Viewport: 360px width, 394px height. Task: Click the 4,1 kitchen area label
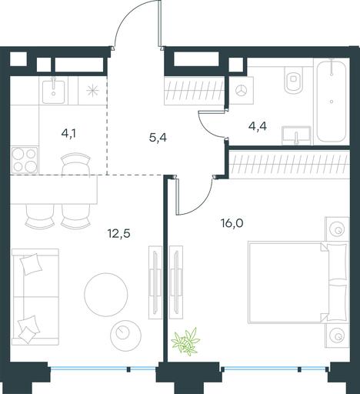pos(68,134)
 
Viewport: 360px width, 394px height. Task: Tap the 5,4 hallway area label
pos(158,138)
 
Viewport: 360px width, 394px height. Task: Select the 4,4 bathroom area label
pos(258,126)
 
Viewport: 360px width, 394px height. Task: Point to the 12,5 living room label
pos(119,234)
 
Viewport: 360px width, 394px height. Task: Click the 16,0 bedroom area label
pos(232,223)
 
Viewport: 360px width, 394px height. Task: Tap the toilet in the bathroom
pos(294,80)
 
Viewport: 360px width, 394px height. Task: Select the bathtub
pos(332,100)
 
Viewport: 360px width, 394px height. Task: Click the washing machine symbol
pos(242,90)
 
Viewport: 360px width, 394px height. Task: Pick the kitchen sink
pos(53,91)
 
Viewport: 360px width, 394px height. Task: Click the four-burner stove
pos(25,160)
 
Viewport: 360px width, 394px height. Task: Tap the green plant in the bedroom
pos(185,342)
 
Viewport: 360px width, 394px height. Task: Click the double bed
pos(298,282)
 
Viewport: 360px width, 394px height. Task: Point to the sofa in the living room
pos(35,297)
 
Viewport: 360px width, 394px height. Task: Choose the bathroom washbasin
pos(296,135)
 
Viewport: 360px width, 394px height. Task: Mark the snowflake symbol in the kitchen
pos(92,91)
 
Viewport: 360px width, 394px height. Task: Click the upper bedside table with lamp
pos(337,229)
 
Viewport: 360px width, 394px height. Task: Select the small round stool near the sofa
pos(125,334)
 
